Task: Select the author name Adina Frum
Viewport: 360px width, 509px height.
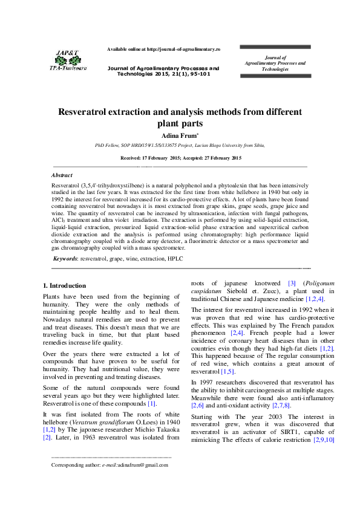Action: pyautogui.click(x=179, y=135)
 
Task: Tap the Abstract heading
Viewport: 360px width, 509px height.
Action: pyautogui.click(x=63, y=174)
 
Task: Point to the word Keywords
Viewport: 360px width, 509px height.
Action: pyautogui.click(x=65, y=275)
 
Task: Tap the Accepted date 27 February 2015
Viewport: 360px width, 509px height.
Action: pyautogui.click(x=219, y=158)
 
